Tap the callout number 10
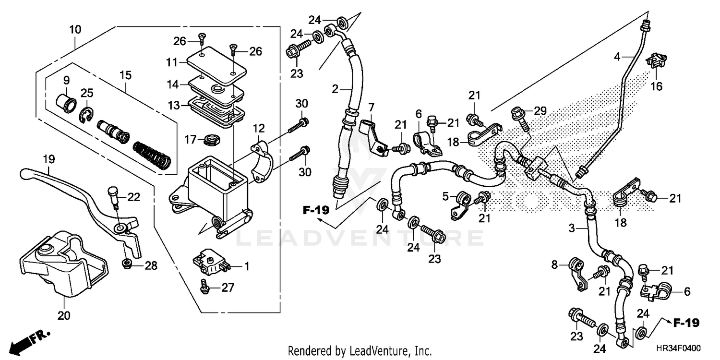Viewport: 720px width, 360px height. (x=75, y=30)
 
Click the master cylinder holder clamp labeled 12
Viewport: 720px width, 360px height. (x=262, y=161)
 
